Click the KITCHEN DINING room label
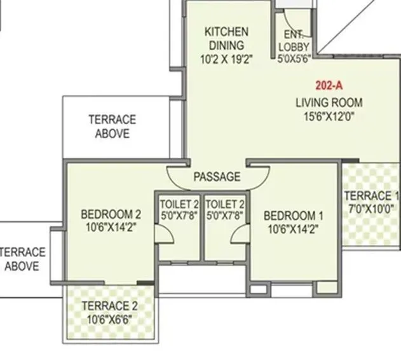pos(226,38)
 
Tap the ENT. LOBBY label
pos(294,40)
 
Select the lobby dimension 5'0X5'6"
pos(294,60)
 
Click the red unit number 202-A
pos(329,84)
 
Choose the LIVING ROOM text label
pos(329,102)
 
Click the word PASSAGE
pos(217,176)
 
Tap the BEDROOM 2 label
pos(111,214)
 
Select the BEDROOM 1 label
pos(294,215)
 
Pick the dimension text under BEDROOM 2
pos(111,226)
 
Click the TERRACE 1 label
pos(371,196)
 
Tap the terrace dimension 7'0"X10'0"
pos(371,209)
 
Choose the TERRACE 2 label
pos(109,306)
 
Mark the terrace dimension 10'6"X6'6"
pos(109,319)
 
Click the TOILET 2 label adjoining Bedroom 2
pos(179,204)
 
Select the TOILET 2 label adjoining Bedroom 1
pos(226,204)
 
